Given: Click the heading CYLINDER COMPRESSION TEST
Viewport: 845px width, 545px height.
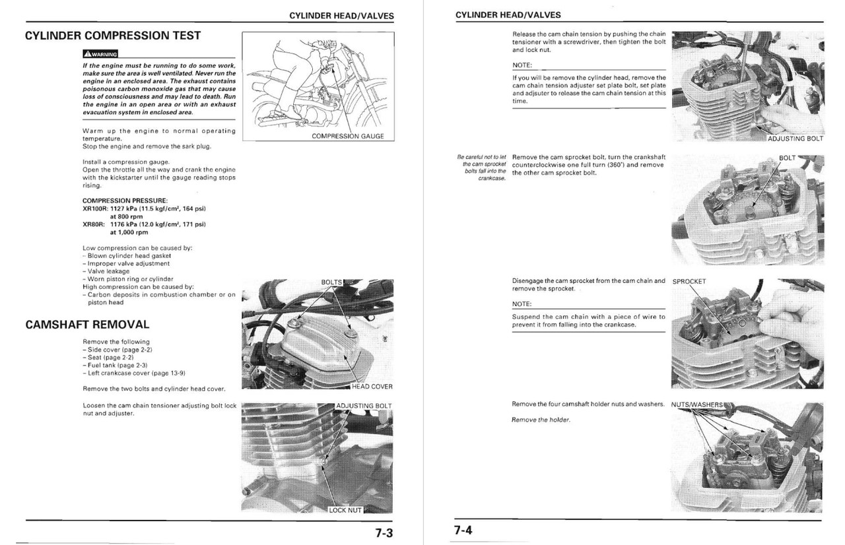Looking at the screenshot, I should [x=113, y=35].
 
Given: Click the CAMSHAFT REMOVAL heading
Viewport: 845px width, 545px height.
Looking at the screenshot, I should [x=87, y=325].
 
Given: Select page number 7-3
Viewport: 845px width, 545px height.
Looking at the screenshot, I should [x=380, y=532].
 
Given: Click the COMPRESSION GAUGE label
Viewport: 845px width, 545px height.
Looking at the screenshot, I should [x=347, y=136].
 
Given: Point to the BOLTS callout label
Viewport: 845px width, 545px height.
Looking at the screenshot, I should [x=332, y=282].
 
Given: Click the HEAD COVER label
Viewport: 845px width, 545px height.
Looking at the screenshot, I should [x=372, y=387].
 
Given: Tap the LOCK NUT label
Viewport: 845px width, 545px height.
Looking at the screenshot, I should [x=345, y=510].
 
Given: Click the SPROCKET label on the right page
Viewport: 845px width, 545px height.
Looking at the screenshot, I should [x=689, y=282].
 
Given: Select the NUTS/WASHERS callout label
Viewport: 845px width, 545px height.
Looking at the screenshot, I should [x=697, y=404].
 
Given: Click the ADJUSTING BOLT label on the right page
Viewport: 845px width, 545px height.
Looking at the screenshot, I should [x=795, y=139].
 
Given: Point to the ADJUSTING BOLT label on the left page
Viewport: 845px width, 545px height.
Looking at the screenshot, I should [x=364, y=406].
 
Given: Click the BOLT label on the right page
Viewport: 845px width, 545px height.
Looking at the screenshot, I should [x=787, y=158].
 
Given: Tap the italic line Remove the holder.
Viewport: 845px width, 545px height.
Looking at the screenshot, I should [x=541, y=420].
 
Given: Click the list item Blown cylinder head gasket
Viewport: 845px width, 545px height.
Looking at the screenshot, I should [x=129, y=255].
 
